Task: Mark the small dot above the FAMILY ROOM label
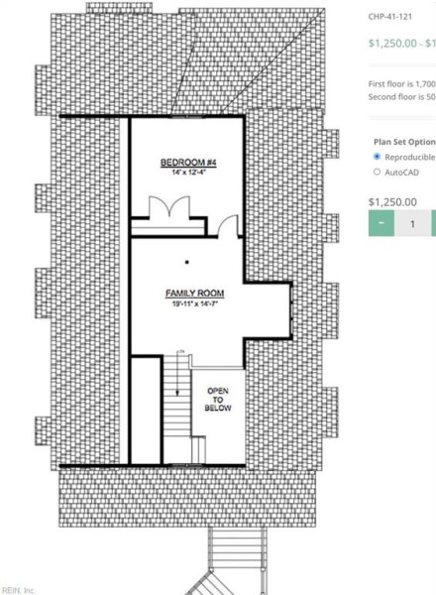(x=186, y=263)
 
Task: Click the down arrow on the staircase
(x=174, y=392)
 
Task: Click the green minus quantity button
(x=381, y=224)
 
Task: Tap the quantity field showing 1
(x=412, y=224)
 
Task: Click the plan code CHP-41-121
(x=391, y=17)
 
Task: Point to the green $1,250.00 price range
(x=401, y=43)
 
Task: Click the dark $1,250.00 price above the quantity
(x=392, y=201)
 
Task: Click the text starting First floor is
(x=401, y=84)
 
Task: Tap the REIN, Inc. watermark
(x=19, y=589)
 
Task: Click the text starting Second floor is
(x=401, y=97)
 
